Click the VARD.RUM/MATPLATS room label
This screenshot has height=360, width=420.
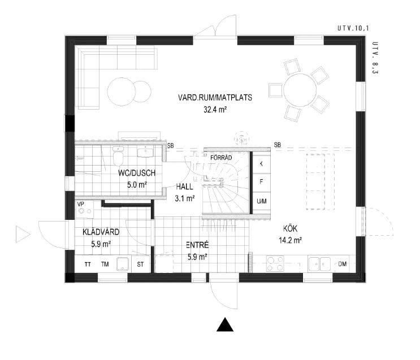(215, 98)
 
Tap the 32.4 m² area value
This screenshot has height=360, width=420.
(215, 111)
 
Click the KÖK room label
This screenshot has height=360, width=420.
(290, 229)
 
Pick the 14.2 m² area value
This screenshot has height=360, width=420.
(290, 240)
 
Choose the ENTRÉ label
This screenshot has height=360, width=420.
(197, 245)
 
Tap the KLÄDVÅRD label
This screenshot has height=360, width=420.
(100, 232)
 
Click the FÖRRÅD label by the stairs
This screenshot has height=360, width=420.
(221, 157)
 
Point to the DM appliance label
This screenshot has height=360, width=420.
(343, 264)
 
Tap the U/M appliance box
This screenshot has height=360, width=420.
(261, 201)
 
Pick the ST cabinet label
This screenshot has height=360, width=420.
(141, 264)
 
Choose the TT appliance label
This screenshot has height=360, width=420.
(88, 264)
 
